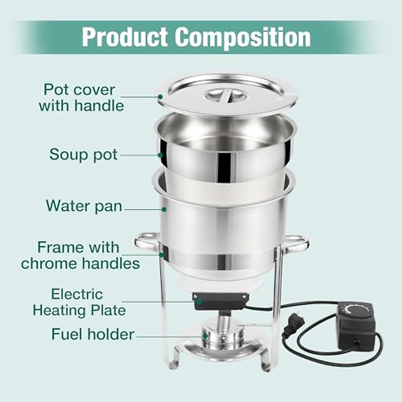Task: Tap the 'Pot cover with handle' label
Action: click(x=81, y=97)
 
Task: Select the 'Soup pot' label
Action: click(x=83, y=154)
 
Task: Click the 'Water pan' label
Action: click(x=84, y=206)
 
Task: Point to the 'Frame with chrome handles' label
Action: click(x=80, y=255)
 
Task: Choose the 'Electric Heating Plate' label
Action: click(x=79, y=302)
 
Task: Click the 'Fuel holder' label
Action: click(x=92, y=334)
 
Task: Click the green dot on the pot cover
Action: click(x=160, y=96)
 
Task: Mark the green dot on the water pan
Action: click(x=164, y=209)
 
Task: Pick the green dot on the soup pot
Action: click(x=160, y=155)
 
